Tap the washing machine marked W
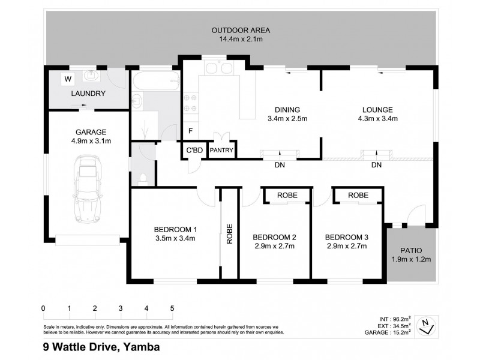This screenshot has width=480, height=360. [68, 79]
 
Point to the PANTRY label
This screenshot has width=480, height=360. [221, 151]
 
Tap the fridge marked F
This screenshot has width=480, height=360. [190, 131]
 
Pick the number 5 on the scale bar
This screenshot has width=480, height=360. [172, 308]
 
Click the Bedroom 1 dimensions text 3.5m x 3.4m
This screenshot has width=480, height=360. [175, 238]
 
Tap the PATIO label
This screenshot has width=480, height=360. [410, 250]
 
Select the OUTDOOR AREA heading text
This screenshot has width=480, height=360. [241, 31]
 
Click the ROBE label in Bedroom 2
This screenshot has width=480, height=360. [287, 196]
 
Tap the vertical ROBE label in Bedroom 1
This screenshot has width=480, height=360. [229, 234]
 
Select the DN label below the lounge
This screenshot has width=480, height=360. [376, 165]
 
